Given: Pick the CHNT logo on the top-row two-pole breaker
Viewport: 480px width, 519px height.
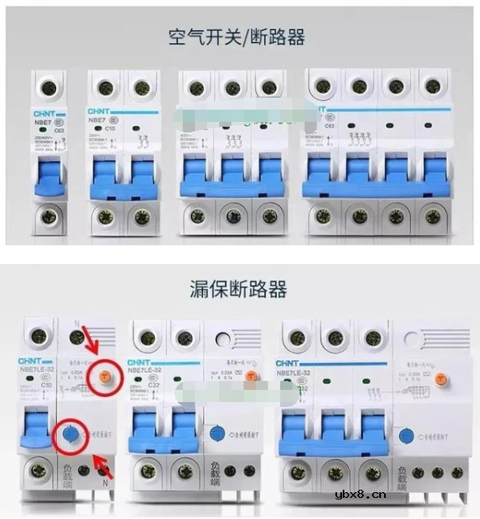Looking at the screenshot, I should (x=101, y=111).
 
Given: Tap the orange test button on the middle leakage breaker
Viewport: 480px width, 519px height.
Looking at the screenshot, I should (x=251, y=376).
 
